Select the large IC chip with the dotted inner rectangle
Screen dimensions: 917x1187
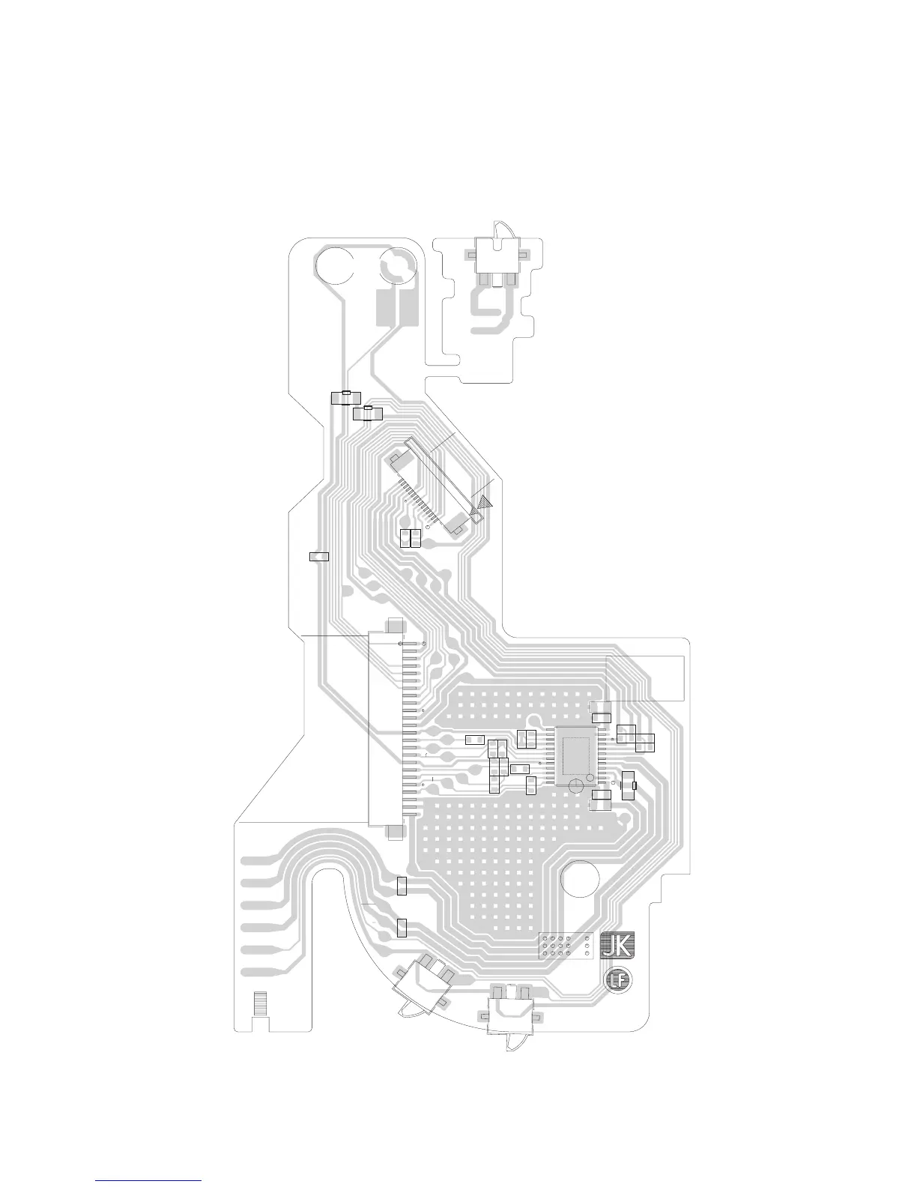[575, 755]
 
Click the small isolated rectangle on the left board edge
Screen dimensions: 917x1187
[319, 556]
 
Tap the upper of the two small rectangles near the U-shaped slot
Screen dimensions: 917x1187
[402, 887]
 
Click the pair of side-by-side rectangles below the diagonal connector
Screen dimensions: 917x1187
[410, 537]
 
